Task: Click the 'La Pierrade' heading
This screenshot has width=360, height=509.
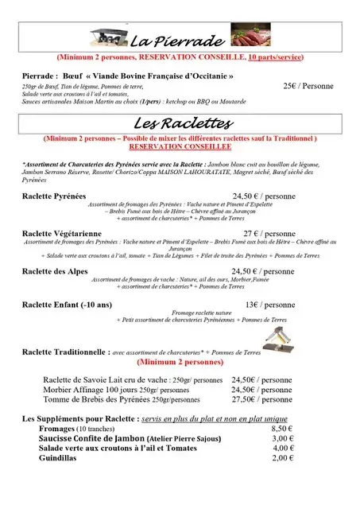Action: coord(168,41)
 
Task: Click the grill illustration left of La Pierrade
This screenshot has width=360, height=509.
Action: coord(109,37)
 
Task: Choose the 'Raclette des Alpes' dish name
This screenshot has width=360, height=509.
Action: coord(54,270)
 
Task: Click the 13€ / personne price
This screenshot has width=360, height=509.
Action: coord(269,304)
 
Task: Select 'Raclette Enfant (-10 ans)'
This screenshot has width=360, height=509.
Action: coord(68,304)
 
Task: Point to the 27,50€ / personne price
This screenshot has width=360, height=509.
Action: coord(261,400)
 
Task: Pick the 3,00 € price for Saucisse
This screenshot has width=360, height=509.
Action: coord(283,438)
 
